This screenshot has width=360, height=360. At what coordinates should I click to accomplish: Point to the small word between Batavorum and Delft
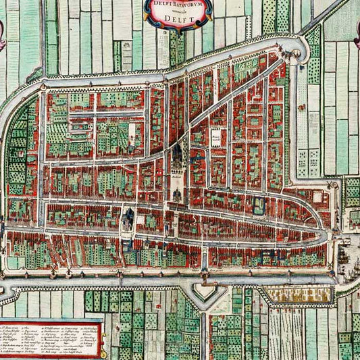tap(178, 11)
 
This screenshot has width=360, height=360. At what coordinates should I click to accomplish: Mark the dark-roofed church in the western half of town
tap(128, 217)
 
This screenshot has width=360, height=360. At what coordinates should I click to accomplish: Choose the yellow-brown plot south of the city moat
tap(297, 294)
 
